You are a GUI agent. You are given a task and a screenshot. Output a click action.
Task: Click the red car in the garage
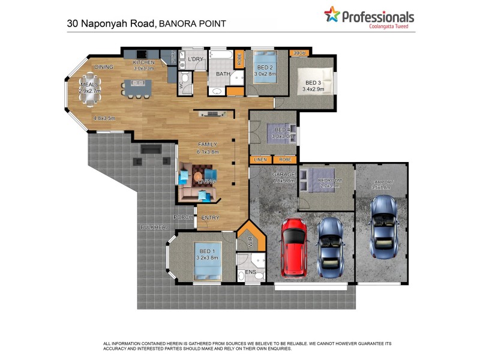click(x=293, y=247)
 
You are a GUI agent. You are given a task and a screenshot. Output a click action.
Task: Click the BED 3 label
click(x=314, y=83)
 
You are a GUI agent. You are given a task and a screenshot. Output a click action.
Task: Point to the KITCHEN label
click(x=144, y=62)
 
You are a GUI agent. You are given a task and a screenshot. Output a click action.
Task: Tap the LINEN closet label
click(x=260, y=160)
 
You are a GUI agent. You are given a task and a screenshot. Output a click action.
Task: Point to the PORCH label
click(x=182, y=217)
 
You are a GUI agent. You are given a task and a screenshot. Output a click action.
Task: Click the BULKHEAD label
click(x=155, y=227)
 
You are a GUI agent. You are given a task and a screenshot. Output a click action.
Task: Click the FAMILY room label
click(x=208, y=144)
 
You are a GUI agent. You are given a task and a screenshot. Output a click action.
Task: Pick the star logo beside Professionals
click(x=332, y=14)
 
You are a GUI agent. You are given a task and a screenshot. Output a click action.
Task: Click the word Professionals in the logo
click(x=378, y=17)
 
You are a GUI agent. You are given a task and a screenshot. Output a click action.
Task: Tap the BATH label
click(x=223, y=74)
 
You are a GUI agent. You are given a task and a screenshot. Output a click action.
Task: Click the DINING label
click(x=104, y=67)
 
